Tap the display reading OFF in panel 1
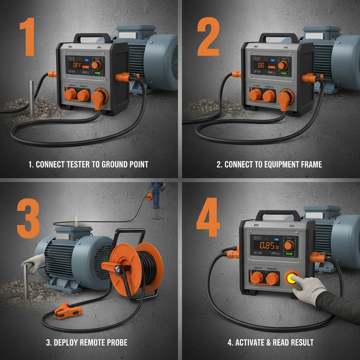77,65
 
